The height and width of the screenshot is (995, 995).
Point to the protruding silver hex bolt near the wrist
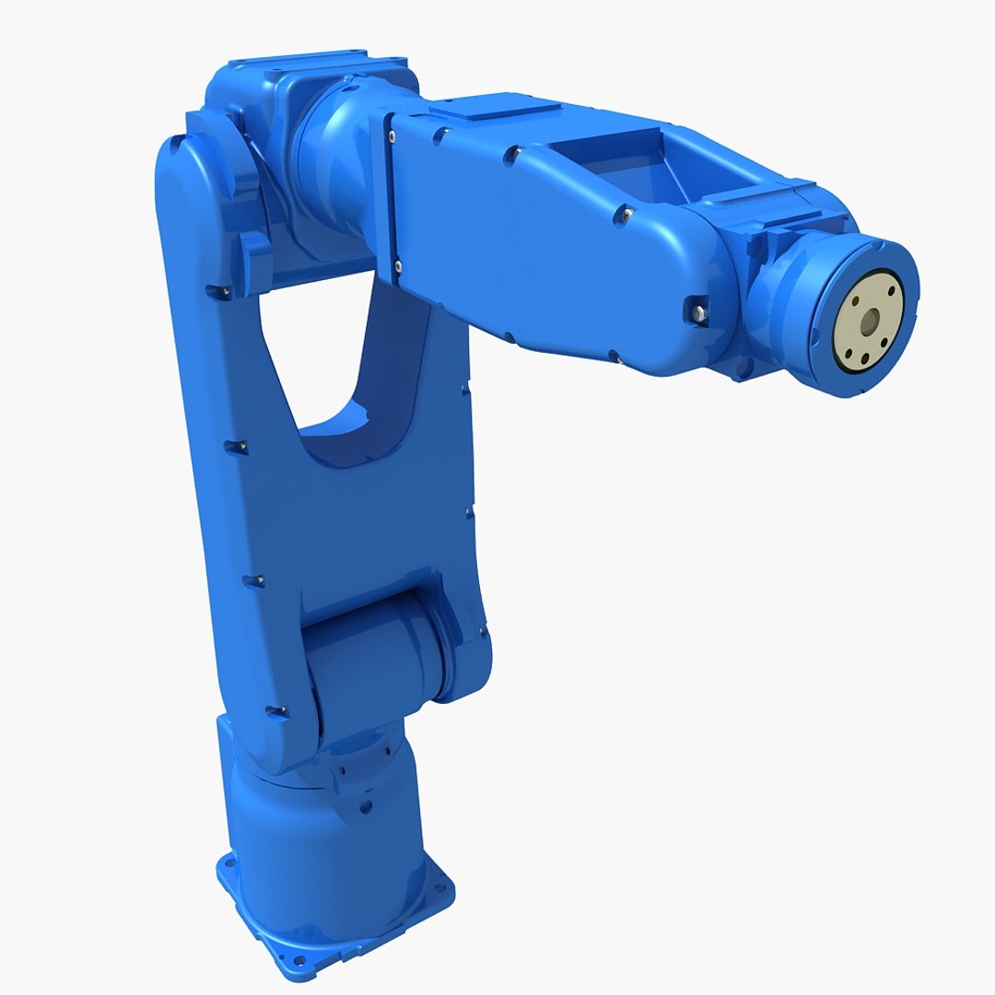(x=696, y=310)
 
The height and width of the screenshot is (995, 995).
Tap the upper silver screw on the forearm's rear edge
(x=392, y=137)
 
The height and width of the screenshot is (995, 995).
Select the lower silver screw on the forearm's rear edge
(x=398, y=266)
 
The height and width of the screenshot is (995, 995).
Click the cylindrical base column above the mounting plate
(x=322, y=829)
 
